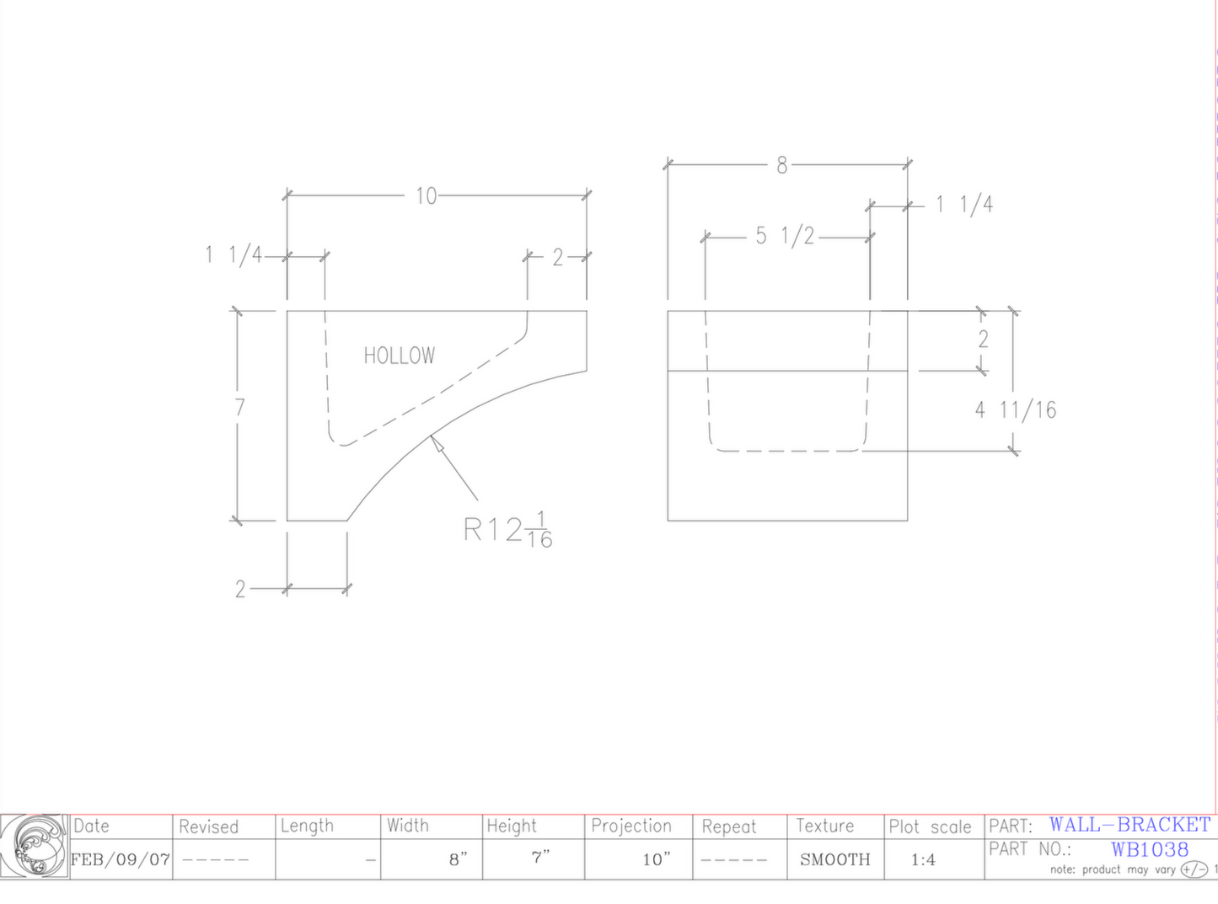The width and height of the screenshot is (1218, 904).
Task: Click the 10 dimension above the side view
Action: click(426, 196)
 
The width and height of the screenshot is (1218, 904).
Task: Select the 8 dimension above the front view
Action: click(781, 166)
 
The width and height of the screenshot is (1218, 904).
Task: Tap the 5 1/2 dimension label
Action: click(784, 236)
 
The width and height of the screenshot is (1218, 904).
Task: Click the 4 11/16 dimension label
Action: click(1015, 410)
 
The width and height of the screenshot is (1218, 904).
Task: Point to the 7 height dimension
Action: click(239, 408)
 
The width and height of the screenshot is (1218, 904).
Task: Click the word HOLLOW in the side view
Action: click(400, 356)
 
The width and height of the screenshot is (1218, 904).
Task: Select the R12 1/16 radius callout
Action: click(508, 530)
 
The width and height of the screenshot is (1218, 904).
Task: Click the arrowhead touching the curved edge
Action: click(436, 441)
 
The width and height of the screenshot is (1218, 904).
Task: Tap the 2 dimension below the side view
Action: click(240, 589)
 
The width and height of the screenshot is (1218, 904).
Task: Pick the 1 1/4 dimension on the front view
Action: click(964, 205)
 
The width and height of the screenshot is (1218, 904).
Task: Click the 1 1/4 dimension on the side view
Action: click(233, 254)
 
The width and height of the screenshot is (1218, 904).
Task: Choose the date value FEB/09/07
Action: click(121, 860)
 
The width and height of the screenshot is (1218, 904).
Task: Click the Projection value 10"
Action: click(656, 860)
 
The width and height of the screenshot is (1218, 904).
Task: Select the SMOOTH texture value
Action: click(834, 860)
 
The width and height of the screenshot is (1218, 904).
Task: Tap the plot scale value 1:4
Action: click(923, 860)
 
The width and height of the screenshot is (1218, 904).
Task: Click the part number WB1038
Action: click(1149, 849)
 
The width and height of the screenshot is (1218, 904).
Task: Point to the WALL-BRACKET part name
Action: click(1129, 825)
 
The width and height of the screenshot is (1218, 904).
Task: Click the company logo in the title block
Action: click(34, 847)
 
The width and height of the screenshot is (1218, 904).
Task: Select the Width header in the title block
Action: click(407, 826)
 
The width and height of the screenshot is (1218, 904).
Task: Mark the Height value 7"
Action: click(540, 859)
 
